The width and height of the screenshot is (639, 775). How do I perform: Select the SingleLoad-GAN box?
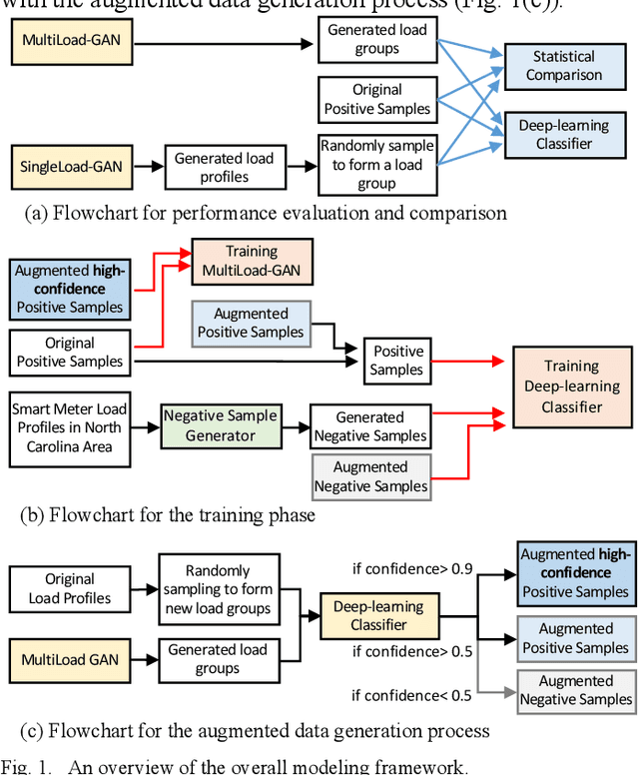point(73,167)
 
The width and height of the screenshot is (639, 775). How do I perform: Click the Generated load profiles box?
point(224,168)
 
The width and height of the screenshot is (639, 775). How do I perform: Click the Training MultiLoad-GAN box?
point(252,261)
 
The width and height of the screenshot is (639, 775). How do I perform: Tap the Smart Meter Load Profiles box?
point(70,426)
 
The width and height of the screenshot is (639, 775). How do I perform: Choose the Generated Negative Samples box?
point(370,426)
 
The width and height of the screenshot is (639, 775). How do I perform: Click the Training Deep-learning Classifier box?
point(572,387)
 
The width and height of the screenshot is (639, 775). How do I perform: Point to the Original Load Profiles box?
point(70,588)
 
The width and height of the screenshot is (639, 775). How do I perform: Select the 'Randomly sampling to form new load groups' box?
point(218,589)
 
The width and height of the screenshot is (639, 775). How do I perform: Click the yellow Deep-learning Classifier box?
point(378,615)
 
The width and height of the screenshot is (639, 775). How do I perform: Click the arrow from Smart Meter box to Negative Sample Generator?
point(145,426)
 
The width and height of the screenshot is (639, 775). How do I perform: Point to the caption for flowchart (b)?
point(168,515)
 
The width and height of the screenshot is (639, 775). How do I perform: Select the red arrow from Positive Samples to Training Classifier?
point(468,362)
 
